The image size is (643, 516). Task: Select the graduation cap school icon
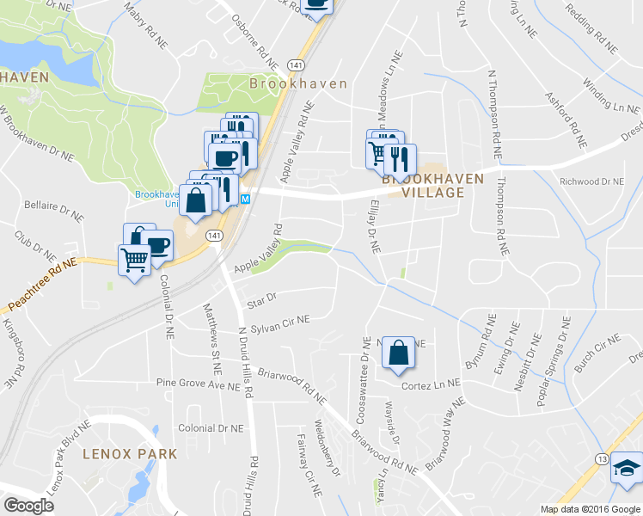(625, 469)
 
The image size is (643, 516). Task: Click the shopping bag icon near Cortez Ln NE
(398, 353)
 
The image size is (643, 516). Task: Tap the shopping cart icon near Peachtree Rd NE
(133, 258)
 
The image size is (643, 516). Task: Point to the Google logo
(29, 506)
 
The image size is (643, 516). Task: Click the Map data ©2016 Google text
(590, 509)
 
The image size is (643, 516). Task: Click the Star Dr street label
(260, 298)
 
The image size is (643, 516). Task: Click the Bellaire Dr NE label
(54, 212)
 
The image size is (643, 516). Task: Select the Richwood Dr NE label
(591, 182)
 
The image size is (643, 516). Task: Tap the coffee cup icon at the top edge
(315, 5)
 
